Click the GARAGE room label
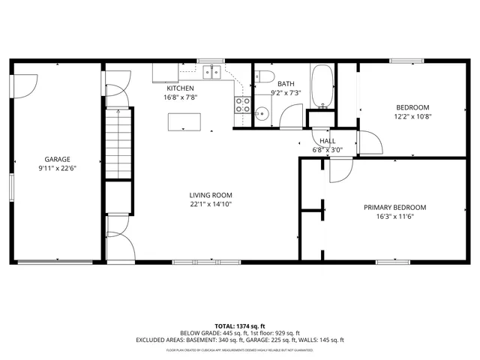coord(57,159)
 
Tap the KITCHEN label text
coord(179,88)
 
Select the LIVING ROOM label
coord(210,195)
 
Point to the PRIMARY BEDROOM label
coord(394,208)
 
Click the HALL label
coord(327,141)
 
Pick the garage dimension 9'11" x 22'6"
coord(57,168)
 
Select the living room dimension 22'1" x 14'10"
coord(210,204)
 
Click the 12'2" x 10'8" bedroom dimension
coord(412,116)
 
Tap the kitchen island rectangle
coord(184,120)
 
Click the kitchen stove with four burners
coord(243,105)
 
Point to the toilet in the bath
coord(262,77)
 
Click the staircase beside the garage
coord(118,142)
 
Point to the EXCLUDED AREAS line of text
coord(240,340)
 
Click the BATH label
coord(285,84)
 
